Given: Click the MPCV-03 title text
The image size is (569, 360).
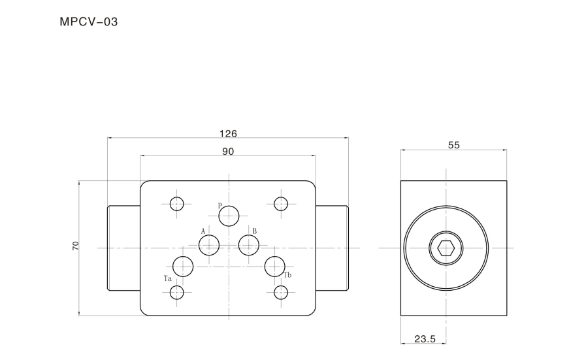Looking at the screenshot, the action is tap(89, 22).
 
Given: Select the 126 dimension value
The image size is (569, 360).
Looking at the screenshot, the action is tap(228, 134).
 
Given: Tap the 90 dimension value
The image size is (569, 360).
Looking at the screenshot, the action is tap(228, 152).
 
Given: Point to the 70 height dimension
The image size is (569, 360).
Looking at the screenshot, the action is tap(76, 246).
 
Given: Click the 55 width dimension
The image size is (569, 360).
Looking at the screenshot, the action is tap(454, 145).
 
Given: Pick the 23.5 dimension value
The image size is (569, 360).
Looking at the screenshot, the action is tap(425, 339).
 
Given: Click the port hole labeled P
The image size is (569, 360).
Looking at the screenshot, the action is tap(229, 216).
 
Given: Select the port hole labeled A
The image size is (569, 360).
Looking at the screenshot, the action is tap(209, 245).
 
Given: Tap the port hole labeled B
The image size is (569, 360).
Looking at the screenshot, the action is tap(249, 245).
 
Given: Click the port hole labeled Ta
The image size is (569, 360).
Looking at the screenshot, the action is tap(183, 267).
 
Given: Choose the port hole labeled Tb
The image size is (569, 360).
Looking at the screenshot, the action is tap(275, 267).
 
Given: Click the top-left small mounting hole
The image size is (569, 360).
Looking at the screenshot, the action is tap(177, 204).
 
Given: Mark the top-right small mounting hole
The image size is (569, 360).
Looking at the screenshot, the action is tap(281, 204).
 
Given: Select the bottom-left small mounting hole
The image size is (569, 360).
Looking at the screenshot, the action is tap(177, 292).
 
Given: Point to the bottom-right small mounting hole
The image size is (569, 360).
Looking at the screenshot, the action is tap(281, 292).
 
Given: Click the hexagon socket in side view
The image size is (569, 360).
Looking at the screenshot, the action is tap(446, 248).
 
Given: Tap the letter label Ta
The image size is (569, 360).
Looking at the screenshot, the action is tap(167, 279).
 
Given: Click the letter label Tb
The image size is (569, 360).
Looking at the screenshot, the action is tap(287, 275).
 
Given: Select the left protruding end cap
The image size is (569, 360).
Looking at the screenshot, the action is tap(123, 248).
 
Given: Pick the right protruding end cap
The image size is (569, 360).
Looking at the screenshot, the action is tap(332, 248).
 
